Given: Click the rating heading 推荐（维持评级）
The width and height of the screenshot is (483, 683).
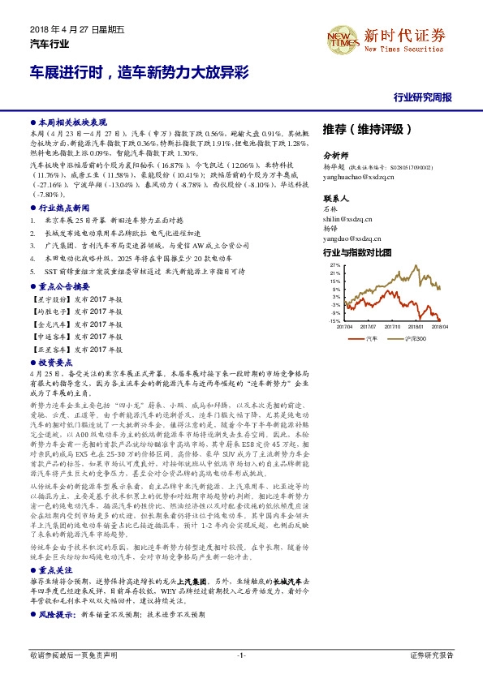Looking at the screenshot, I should click(367, 129).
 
